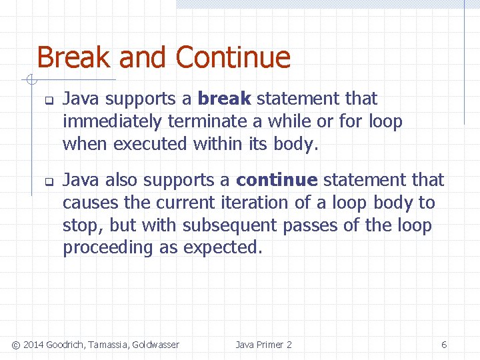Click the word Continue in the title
233,57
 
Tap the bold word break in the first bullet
224,99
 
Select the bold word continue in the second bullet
277,180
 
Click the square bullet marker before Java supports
48,101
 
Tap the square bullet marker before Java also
48,182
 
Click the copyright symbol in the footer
16,345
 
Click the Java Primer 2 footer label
263,345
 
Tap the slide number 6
444,345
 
